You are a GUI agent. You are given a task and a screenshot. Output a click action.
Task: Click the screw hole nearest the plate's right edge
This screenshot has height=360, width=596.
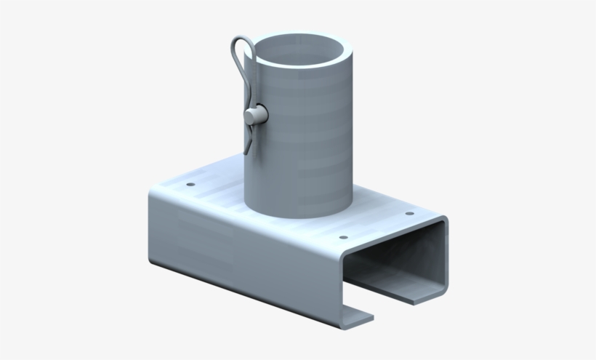coord(409,215)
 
